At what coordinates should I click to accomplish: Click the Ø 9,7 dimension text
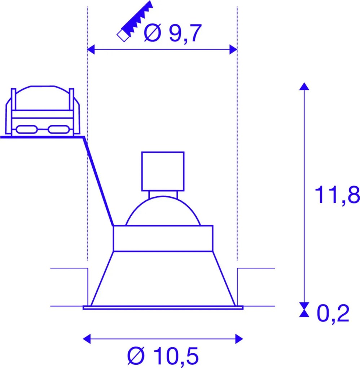click(173, 33)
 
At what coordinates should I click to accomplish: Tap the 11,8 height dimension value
click(337, 194)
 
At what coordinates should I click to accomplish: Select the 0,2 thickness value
click(333, 313)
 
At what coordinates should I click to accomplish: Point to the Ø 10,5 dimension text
click(163, 356)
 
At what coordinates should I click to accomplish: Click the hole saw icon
click(135, 22)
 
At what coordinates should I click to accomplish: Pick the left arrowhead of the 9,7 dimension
click(91, 49)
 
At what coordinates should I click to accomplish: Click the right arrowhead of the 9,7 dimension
click(233, 49)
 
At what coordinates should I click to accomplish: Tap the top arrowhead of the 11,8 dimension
click(304, 86)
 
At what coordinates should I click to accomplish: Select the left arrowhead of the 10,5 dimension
click(87, 339)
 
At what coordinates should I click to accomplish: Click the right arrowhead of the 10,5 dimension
click(239, 339)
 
